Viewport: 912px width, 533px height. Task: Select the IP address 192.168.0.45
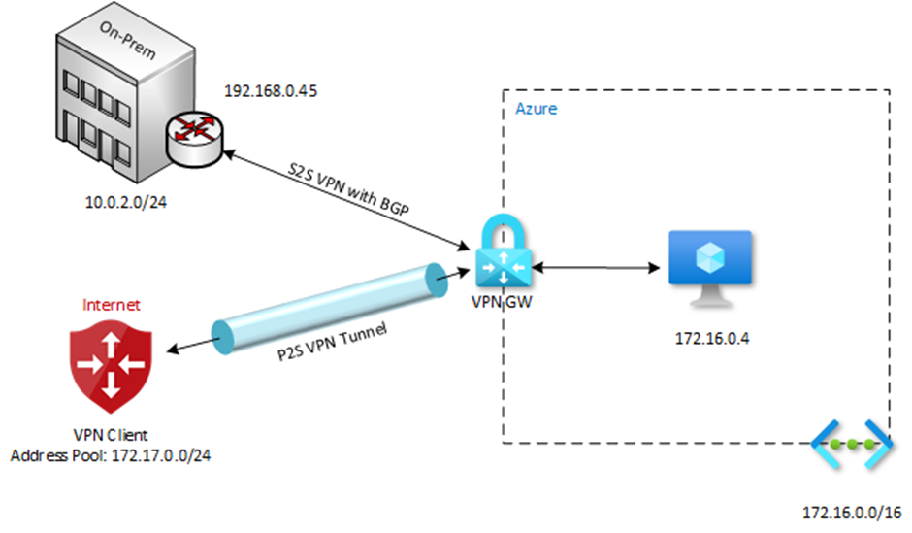coord(272,92)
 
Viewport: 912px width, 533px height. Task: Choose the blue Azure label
coord(536,109)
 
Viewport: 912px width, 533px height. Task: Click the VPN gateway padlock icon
coord(502,255)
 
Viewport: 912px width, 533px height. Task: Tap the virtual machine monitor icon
coord(710,261)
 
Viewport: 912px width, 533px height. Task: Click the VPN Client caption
coord(110,434)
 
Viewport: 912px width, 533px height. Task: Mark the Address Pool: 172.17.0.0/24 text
coord(110,453)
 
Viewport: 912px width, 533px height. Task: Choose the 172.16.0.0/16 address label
coord(852,512)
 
